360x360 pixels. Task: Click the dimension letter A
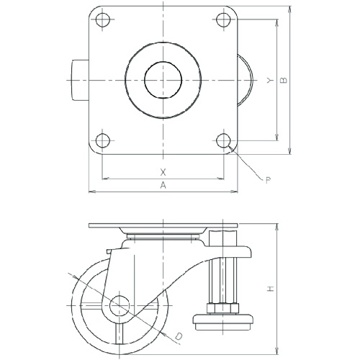click(163, 185)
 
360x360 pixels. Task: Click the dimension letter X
click(163, 172)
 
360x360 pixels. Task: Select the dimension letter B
click(284, 80)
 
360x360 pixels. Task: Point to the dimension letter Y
click(270, 81)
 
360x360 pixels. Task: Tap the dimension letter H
click(271, 288)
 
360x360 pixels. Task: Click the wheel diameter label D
click(178, 336)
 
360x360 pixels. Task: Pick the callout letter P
click(269, 180)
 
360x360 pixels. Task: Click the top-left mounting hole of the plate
click(103, 19)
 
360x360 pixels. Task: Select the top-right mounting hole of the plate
click(223, 19)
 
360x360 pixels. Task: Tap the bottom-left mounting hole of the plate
click(103, 140)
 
